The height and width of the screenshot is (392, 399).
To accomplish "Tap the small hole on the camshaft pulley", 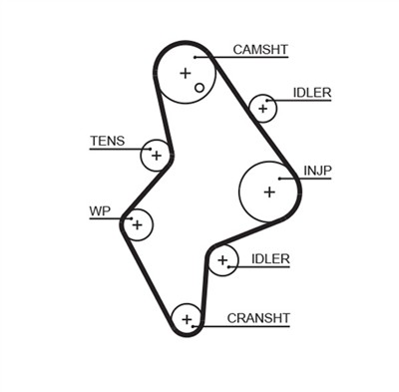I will [x=199, y=88].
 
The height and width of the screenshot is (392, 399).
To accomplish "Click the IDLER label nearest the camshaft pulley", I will [x=312, y=93].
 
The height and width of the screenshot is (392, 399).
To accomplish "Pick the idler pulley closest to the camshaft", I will [x=263, y=107].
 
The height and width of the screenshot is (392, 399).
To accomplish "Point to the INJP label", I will [x=317, y=172].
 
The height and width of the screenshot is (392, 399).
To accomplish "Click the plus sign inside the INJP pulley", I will [x=268, y=190].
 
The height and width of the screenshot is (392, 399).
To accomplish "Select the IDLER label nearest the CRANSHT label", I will [x=270, y=259].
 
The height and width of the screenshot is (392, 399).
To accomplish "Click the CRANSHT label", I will [x=258, y=318].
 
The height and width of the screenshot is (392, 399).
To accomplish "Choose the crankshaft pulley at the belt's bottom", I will [x=186, y=319].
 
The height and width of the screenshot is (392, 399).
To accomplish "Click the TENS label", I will [x=107, y=141].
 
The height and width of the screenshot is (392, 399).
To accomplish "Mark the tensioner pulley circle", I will [x=155, y=155].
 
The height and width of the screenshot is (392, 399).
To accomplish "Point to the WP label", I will [x=99, y=210].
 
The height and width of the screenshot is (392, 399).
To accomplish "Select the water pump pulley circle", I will [x=138, y=224].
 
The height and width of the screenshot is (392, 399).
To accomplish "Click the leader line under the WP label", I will [x=108, y=219].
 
